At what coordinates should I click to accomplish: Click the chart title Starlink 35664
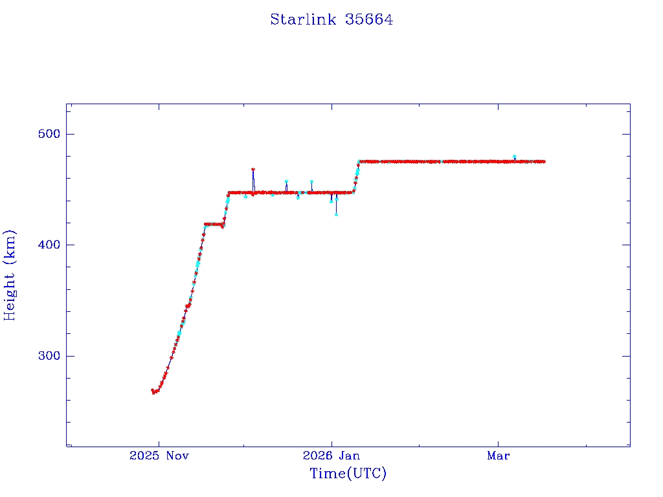point(331,19)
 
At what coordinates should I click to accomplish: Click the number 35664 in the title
point(370,19)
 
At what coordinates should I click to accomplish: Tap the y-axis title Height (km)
point(10,274)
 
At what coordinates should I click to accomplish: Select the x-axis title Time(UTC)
point(348,474)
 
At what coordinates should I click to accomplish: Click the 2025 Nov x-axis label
point(159,456)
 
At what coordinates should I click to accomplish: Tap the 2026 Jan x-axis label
point(331,456)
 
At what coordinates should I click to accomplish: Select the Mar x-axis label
point(498,456)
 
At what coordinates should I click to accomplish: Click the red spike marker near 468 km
point(253,170)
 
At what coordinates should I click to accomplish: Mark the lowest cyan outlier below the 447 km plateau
point(336,214)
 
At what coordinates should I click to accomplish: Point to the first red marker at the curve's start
point(153,390)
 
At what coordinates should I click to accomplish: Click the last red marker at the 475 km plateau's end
point(544,161)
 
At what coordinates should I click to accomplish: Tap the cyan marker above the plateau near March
point(514,157)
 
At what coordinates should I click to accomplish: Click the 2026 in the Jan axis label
point(317,456)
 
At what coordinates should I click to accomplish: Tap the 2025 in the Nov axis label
point(143,456)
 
